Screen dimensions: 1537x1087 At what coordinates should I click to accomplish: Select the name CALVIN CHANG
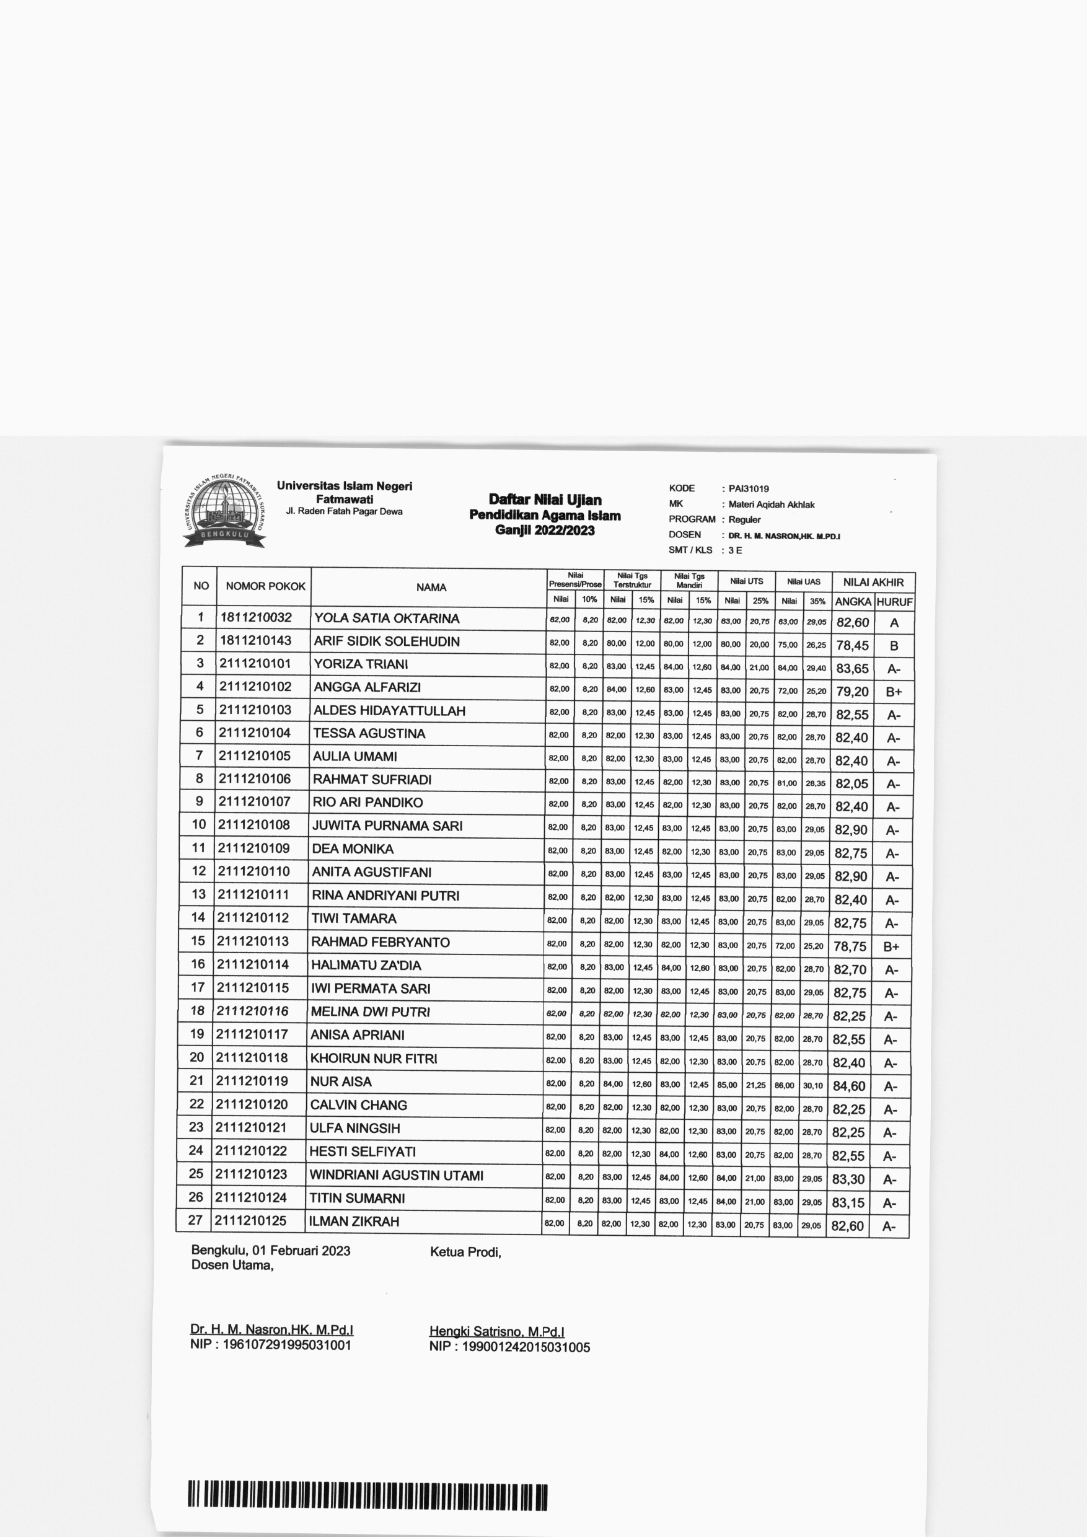click(358, 1104)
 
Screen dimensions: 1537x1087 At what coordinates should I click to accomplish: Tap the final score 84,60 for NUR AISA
click(849, 1086)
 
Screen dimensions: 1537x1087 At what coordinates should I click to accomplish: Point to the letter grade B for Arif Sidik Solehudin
click(894, 646)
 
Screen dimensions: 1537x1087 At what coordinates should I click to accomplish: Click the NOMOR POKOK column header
click(265, 586)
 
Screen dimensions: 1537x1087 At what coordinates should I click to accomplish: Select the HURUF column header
click(894, 602)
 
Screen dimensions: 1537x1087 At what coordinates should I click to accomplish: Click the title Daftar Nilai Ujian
click(545, 500)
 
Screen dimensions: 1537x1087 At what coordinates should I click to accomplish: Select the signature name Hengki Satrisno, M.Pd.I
click(496, 1331)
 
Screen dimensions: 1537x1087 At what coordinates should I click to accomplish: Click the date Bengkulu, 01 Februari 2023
click(270, 1251)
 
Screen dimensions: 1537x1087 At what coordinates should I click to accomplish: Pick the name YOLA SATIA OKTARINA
click(386, 618)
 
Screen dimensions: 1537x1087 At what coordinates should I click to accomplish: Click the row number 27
click(195, 1220)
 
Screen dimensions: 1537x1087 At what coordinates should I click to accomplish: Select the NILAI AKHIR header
click(873, 583)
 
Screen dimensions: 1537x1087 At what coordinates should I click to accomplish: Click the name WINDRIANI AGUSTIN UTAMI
click(395, 1175)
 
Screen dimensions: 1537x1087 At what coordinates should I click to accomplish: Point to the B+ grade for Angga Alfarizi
click(894, 692)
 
